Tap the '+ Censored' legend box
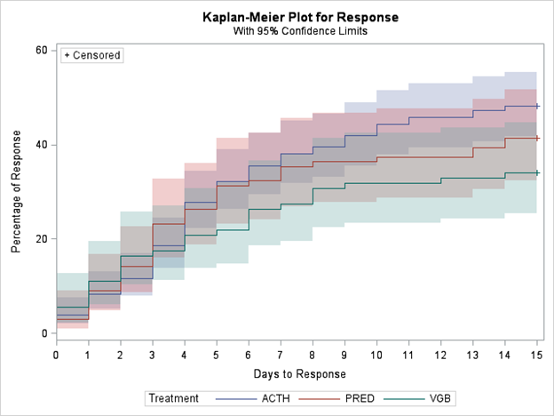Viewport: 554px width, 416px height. [92, 55]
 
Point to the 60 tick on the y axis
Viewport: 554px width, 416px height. [41, 50]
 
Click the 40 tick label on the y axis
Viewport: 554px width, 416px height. [41, 145]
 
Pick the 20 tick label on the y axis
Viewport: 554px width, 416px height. [41, 239]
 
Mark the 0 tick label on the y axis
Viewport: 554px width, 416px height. [44, 333]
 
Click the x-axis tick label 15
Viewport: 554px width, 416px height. [536, 355]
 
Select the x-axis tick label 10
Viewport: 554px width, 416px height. [376, 355]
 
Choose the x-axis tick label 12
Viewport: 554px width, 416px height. [440, 355]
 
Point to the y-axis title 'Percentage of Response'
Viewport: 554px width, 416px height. [17, 191]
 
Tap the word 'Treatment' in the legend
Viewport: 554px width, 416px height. [174, 398]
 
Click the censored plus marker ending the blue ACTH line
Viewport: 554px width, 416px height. [536, 106]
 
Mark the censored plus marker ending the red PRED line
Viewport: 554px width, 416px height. [536, 138]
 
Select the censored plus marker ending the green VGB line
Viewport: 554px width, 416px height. [536, 172]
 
